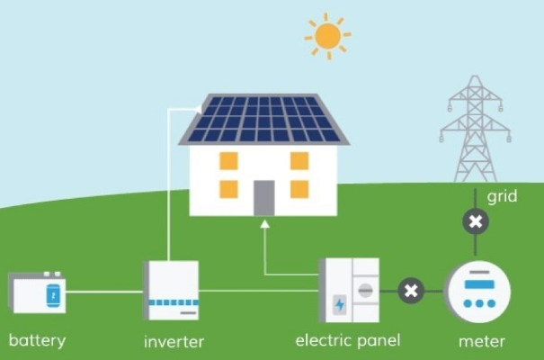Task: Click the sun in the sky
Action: click(327, 36)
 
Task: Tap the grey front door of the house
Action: click(263, 197)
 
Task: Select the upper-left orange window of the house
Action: click(228, 162)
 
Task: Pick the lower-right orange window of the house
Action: click(299, 188)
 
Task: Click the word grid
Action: click(502, 195)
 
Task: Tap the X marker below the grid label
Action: click(476, 221)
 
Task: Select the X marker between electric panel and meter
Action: click(411, 290)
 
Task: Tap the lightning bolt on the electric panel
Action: click(339, 304)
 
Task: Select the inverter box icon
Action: click(171, 290)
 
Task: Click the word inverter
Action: click(174, 342)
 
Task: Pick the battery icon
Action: click(37, 292)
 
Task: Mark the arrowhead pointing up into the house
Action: click(264, 223)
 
